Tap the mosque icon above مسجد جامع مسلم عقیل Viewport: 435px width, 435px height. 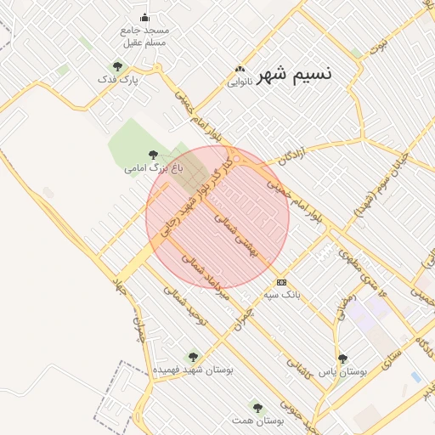click(144, 18)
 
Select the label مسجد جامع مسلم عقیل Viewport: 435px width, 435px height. click(145, 36)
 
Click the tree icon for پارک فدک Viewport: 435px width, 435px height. click(117, 66)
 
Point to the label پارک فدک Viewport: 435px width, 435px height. click(117, 80)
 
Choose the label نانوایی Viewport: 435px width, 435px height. click(240, 83)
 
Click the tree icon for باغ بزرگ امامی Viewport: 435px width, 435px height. click(153, 155)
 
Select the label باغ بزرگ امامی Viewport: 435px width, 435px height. click(153, 168)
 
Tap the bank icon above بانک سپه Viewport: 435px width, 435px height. click(281, 282)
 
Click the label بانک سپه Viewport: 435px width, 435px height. click(281, 295)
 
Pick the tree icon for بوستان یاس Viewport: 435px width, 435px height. click(342, 359)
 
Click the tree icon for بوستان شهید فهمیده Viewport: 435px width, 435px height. click(193, 357)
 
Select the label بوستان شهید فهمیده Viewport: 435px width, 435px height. click(193, 370)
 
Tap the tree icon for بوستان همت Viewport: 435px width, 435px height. click(257, 408)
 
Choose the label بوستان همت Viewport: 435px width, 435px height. click(257, 421)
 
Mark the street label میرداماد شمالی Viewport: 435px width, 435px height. click(205, 277)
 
